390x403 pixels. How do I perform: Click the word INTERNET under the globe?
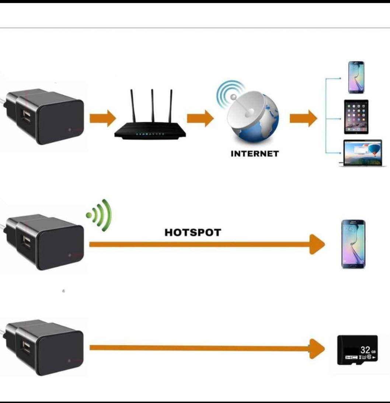(255, 154)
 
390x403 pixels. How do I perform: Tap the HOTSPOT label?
(192, 232)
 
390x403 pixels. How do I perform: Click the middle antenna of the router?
(152, 105)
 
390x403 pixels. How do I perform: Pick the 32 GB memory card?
(358, 350)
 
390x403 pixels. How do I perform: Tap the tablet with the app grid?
(356, 117)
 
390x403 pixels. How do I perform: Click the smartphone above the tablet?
(356, 77)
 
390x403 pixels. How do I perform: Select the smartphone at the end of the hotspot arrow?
(353, 244)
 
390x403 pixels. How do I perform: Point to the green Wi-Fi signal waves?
(100, 215)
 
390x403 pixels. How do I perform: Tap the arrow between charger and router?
(102, 118)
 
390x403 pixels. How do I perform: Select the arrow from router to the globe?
(200, 118)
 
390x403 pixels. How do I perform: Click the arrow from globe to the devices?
(303, 118)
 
